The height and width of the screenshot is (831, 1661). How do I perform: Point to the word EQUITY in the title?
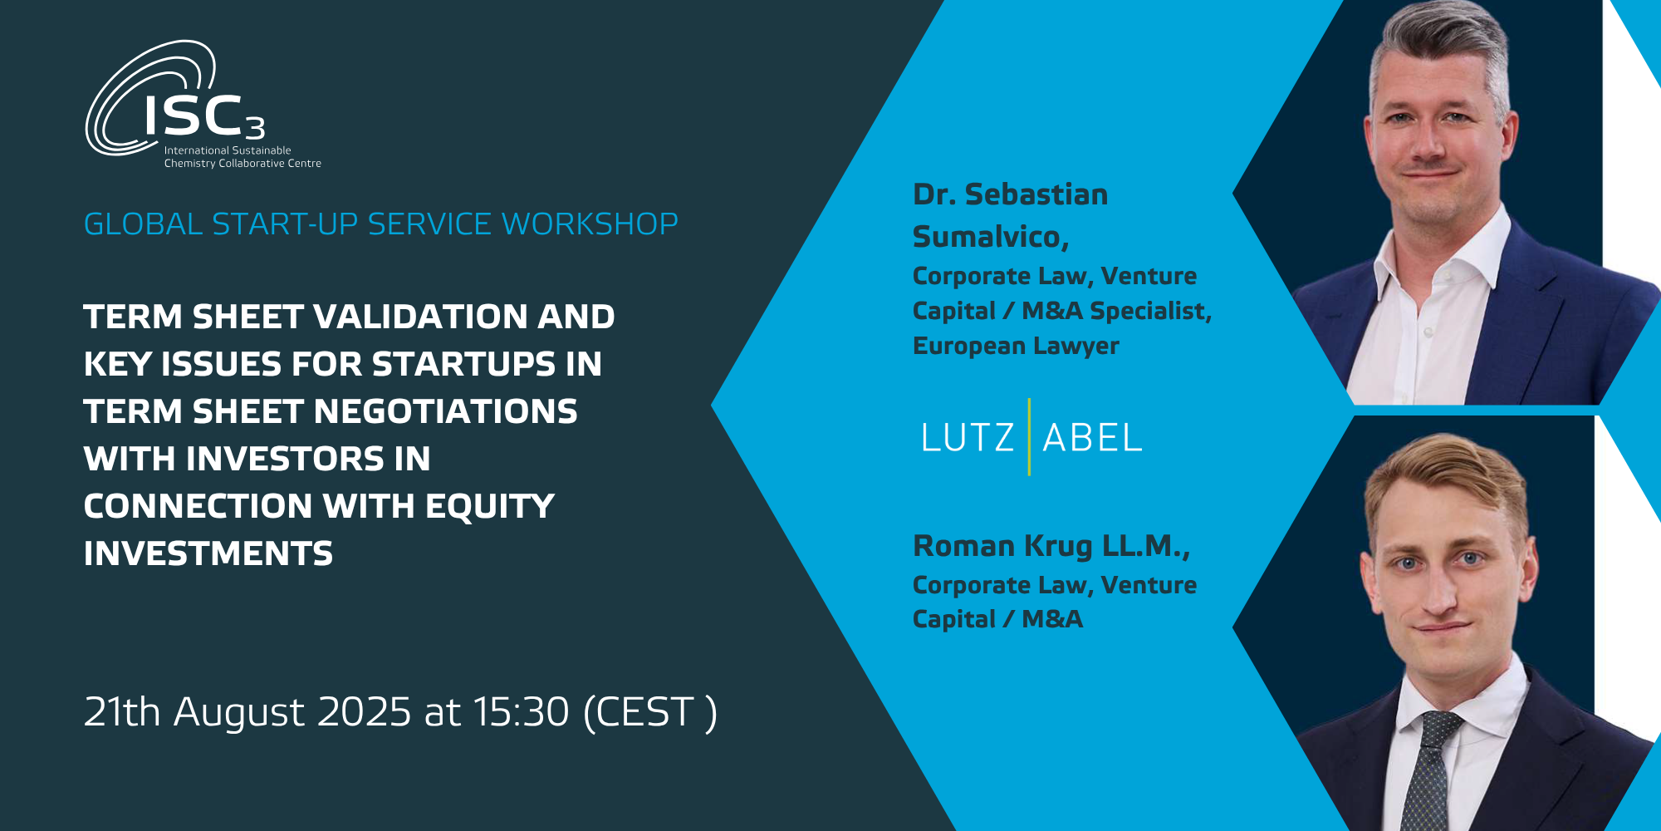pyautogui.click(x=490, y=506)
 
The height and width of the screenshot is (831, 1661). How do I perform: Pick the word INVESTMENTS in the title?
pyautogui.click(x=208, y=553)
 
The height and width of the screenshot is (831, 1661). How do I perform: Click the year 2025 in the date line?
pyautogui.click(x=365, y=712)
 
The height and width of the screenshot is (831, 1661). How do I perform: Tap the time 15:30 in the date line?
pyautogui.click(x=522, y=712)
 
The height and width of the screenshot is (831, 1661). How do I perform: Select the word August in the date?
pyautogui.click(x=239, y=713)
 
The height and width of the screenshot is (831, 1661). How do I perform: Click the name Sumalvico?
pyautogui.click(x=990, y=237)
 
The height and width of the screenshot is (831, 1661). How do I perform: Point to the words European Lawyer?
pyautogui.click(x=1016, y=346)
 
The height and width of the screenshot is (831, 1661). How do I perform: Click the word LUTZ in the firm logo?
pyautogui.click(x=968, y=438)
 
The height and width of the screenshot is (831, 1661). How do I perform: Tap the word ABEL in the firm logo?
pyautogui.click(x=1092, y=438)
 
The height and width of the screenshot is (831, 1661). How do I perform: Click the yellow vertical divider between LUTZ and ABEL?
pyautogui.click(x=1029, y=437)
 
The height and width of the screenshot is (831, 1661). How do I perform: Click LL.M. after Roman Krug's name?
pyautogui.click(x=1146, y=546)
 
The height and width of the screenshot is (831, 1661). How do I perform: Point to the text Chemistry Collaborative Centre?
pyautogui.click(x=243, y=164)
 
